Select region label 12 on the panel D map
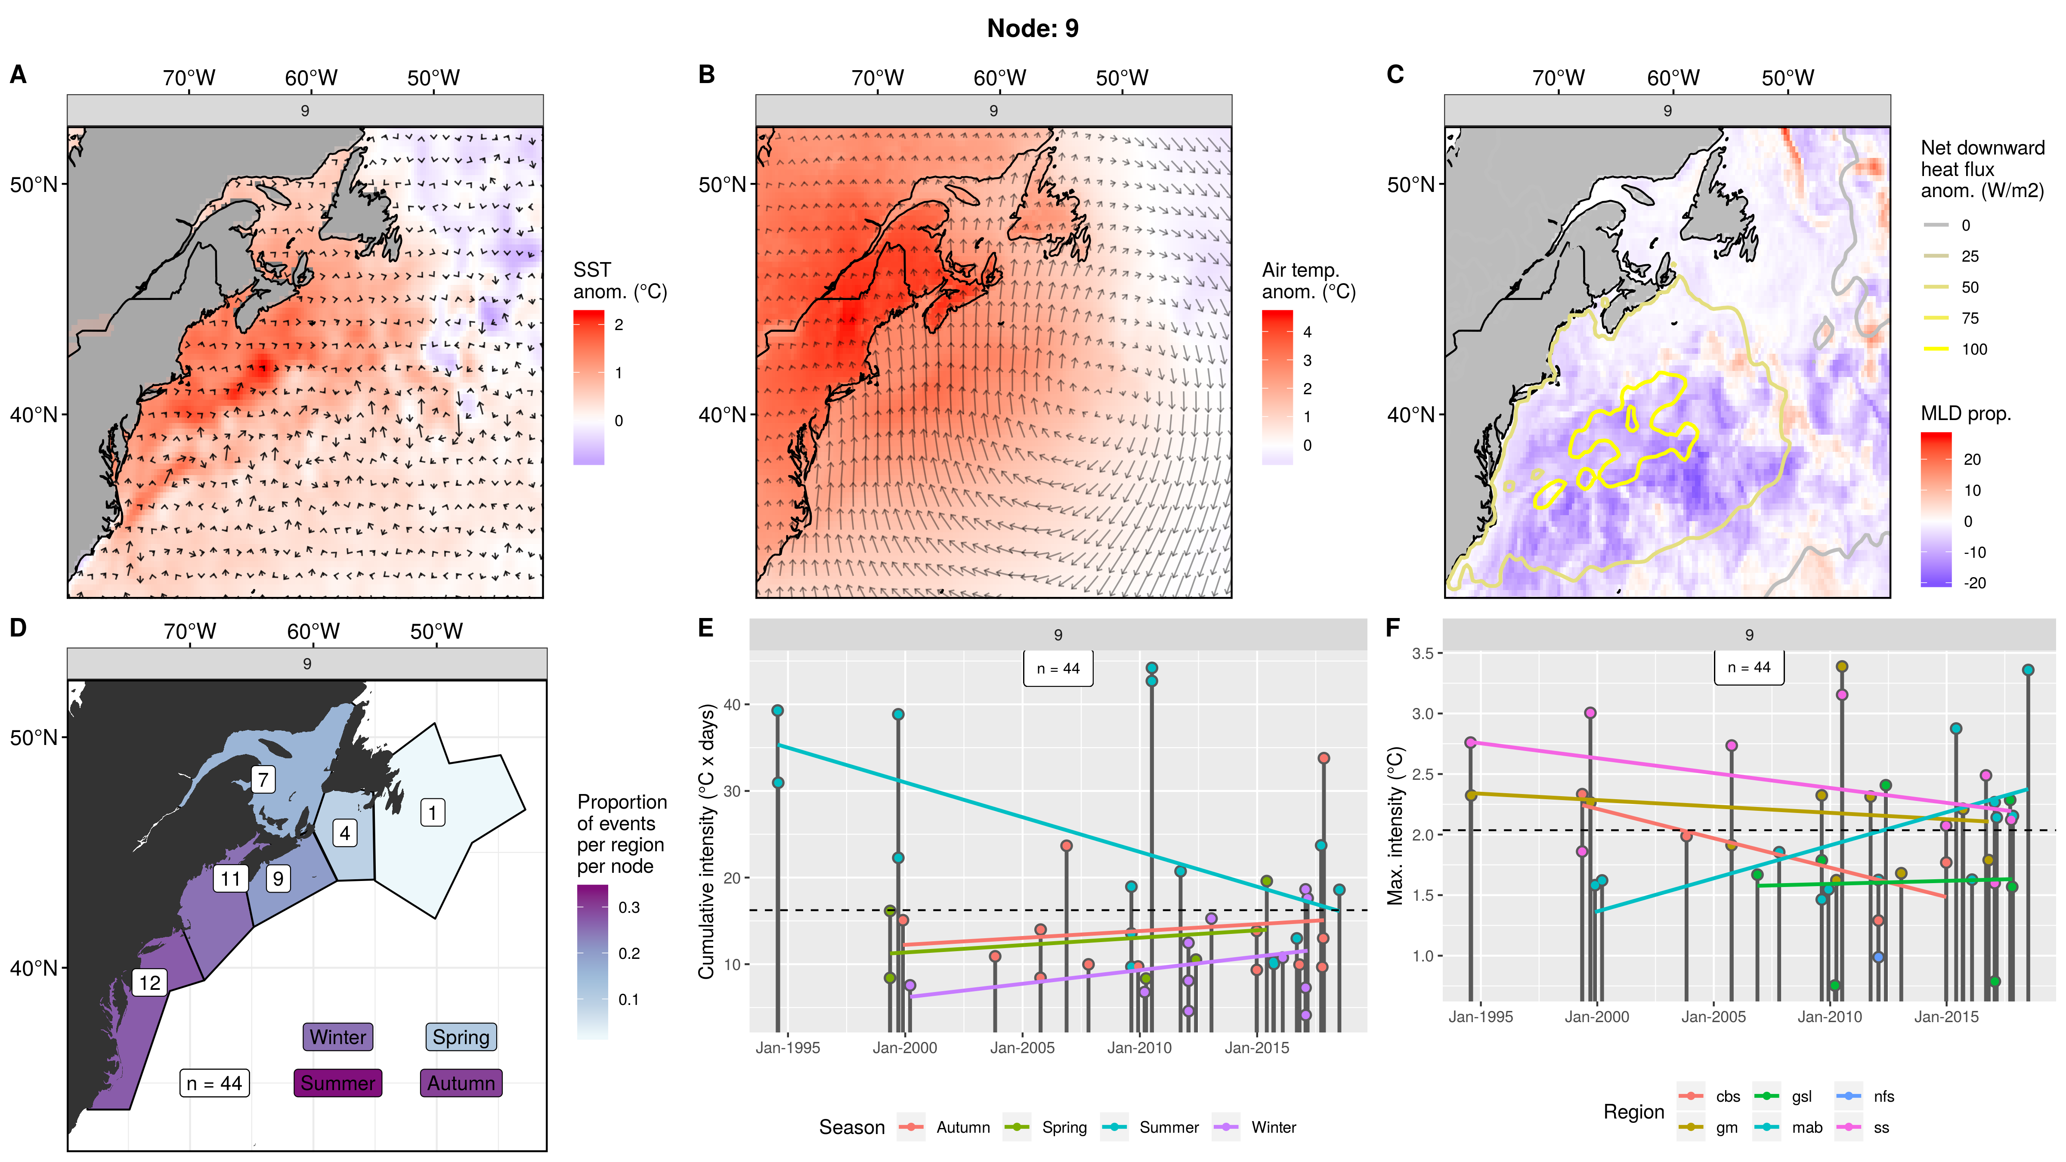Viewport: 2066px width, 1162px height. point(150,983)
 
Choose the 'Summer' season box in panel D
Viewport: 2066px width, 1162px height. point(337,1083)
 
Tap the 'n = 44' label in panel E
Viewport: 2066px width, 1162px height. point(1058,669)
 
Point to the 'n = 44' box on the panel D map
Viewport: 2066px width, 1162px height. point(214,1083)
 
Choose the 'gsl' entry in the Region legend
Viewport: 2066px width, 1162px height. point(1801,1096)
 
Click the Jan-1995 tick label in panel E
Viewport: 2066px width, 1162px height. point(788,1048)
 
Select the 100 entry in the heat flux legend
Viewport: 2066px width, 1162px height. point(1974,349)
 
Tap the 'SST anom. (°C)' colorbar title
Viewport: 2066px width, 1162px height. point(619,281)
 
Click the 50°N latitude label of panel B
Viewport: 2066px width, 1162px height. point(722,185)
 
